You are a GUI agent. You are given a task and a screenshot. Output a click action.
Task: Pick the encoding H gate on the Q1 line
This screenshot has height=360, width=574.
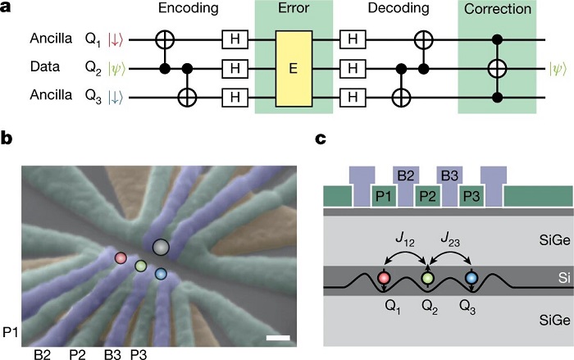(231, 39)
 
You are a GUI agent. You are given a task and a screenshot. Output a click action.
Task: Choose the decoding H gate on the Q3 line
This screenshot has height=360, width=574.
(350, 98)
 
